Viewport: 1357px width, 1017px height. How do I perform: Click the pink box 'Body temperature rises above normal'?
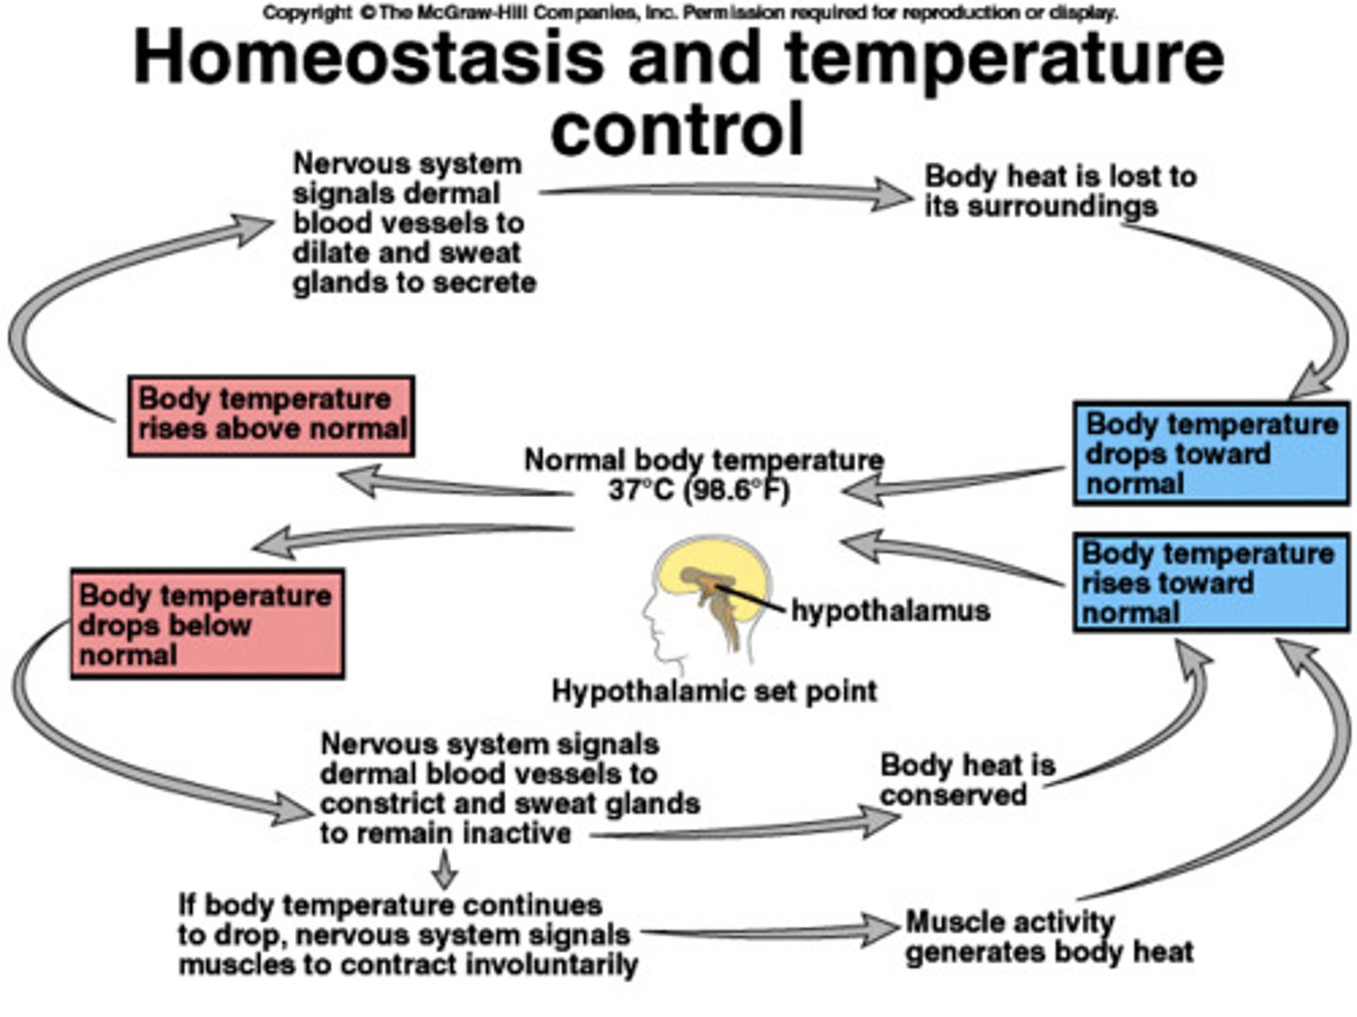(x=271, y=415)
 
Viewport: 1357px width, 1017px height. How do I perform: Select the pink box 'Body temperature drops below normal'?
(x=207, y=623)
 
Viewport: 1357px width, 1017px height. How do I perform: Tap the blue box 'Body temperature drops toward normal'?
(x=1211, y=453)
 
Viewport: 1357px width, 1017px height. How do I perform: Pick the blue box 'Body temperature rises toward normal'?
(x=1211, y=583)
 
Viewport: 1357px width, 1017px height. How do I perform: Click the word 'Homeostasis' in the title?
(x=368, y=56)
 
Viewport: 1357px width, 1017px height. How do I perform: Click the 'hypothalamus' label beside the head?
(x=890, y=610)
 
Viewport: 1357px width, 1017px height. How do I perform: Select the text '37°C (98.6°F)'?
(x=698, y=490)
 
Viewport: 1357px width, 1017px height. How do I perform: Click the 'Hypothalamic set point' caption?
(x=713, y=691)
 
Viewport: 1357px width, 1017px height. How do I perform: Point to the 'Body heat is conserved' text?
(x=967, y=780)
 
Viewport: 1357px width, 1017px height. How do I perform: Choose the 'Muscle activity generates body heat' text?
(x=1048, y=936)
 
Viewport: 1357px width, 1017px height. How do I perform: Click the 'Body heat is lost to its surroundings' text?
(x=1059, y=191)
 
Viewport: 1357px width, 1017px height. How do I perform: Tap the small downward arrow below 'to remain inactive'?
(x=445, y=870)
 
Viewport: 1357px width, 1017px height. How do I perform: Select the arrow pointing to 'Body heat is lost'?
(x=726, y=193)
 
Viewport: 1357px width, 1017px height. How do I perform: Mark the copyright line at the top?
(x=690, y=13)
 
